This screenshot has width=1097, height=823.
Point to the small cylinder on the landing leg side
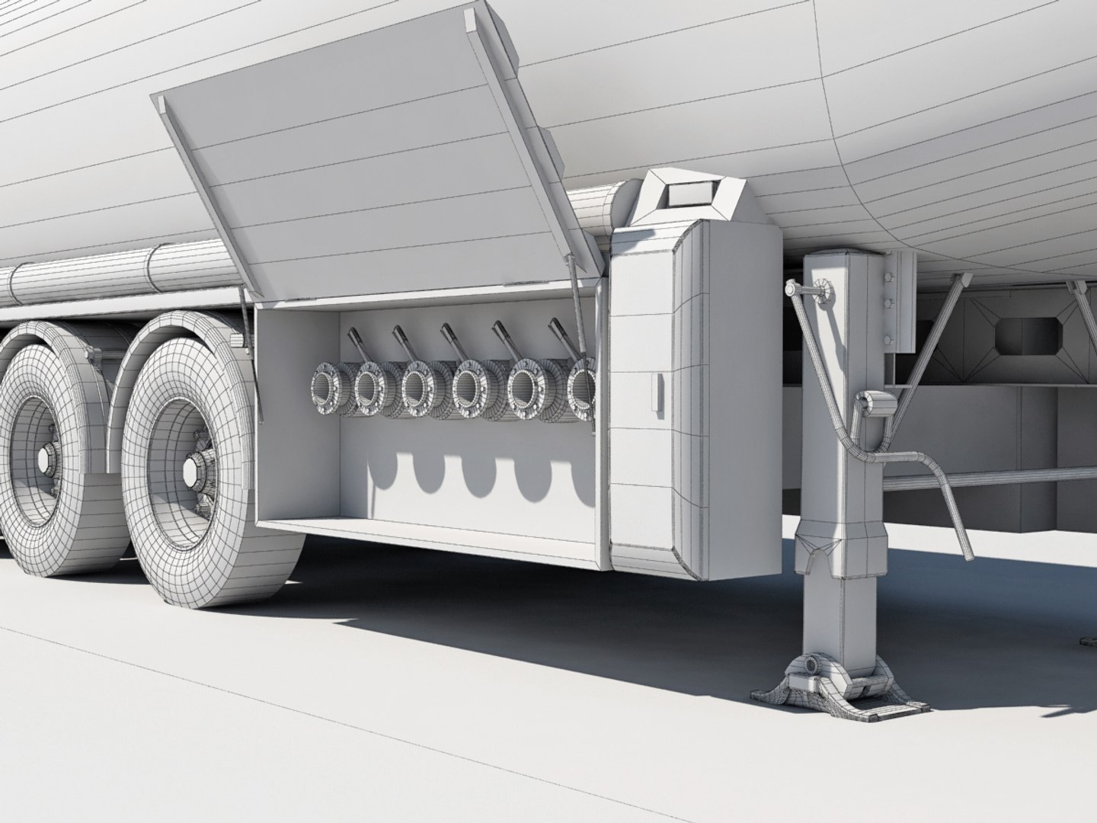coord(870,402)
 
